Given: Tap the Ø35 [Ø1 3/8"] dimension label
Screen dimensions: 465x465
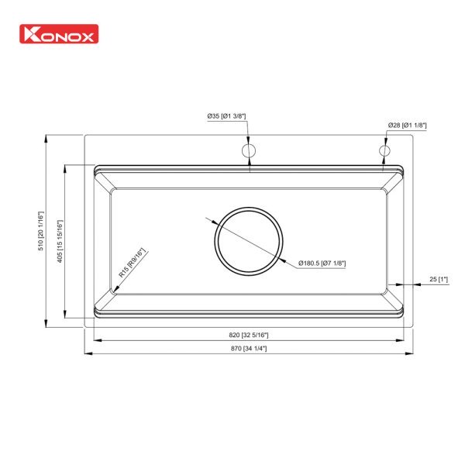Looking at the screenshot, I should [226, 116].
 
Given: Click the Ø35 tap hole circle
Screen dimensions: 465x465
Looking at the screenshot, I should [249, 150].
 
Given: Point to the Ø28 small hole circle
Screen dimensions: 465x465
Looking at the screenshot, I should [384, 150].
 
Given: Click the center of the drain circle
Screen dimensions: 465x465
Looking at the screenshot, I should [249, 239].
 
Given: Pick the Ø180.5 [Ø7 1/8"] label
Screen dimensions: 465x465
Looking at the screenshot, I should [322, 263].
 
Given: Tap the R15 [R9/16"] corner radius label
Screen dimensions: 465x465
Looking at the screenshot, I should [132, 263].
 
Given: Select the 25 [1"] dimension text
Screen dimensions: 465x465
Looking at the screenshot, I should [439, 279].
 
